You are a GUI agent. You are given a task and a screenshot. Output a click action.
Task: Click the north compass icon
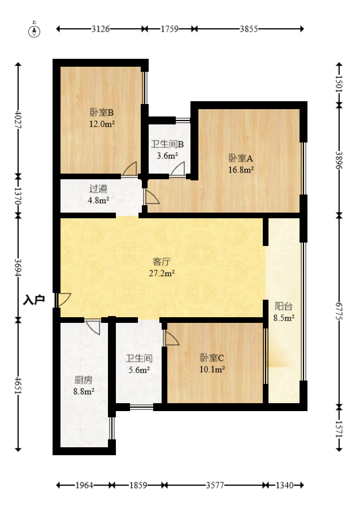coord(34,30)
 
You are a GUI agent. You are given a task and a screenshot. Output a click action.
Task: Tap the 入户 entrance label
coord(34,300)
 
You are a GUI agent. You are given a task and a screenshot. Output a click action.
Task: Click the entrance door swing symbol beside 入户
coord(63,300)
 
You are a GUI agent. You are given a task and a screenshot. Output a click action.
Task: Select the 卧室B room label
coord(102,112)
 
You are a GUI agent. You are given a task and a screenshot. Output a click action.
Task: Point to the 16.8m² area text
coord(241,169)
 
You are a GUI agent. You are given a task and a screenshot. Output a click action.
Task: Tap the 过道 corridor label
coord(98,189)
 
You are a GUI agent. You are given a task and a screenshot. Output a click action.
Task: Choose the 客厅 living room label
coord(162,262)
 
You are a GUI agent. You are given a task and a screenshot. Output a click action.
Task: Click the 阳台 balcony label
coord(283,306)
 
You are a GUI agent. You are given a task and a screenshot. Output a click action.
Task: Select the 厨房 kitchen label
coord(84,379)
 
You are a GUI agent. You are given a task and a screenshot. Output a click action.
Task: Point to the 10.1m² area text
coord(212,369)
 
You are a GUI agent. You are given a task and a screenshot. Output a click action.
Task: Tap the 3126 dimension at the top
coord(101,29)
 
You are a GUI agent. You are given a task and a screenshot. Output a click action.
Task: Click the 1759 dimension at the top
coord(170,29)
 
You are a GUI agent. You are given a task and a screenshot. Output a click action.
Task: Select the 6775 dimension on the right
coord(339,311)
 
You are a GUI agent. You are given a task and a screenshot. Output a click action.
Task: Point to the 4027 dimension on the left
coord(18,120)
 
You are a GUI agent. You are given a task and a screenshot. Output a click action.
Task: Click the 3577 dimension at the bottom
coord(215,485)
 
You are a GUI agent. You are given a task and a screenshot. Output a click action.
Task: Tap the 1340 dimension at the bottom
coord(285,485)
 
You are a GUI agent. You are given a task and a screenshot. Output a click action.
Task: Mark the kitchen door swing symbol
coord(93,326)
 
